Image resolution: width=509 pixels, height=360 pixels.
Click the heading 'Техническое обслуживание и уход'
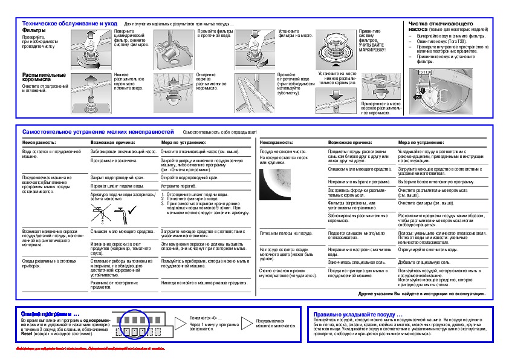click(70, 23)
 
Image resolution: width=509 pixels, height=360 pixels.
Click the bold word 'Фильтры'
click(33, 29)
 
